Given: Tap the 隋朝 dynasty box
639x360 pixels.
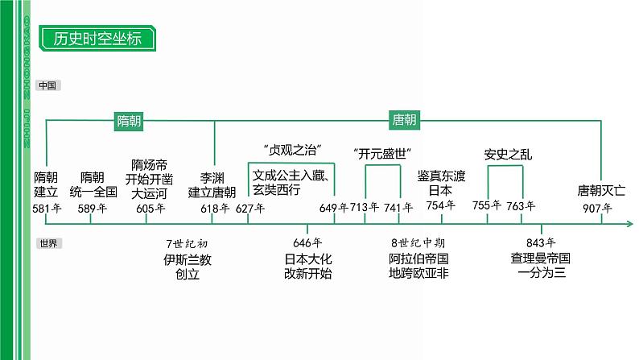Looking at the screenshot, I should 130,121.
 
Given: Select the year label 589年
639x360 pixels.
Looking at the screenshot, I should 91,209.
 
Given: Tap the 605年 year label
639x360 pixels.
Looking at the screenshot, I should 150,209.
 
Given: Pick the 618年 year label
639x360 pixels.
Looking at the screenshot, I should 214,209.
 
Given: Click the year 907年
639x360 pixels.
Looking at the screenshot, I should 597,209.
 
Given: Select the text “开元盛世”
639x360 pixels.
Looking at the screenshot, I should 382,153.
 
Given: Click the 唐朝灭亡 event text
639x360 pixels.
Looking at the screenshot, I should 601,192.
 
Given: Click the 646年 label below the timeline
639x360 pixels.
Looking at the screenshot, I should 308,243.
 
